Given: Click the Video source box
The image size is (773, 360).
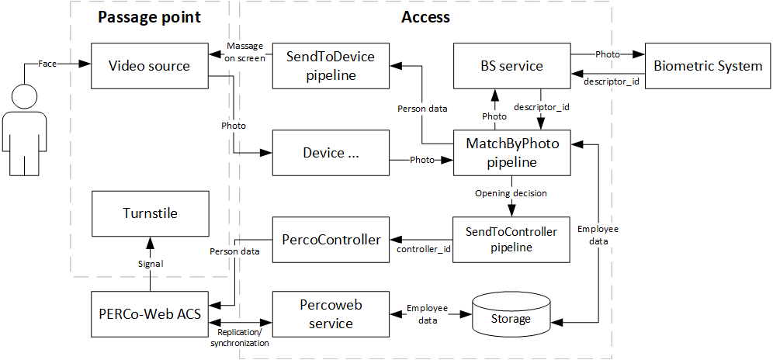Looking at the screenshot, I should click(150, 66).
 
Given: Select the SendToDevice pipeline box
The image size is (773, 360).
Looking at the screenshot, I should click(330, 66).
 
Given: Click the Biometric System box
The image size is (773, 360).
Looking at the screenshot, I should click(708, 66).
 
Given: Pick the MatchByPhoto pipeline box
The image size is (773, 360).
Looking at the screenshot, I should click(511, 153).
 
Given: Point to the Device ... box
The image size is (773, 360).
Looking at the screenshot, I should click(330, 153).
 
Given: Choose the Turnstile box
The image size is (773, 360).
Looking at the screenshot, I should click(150, 213).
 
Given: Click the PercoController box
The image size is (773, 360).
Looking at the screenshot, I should click(330, 240).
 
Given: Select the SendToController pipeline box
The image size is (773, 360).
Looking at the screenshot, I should click(511, 239).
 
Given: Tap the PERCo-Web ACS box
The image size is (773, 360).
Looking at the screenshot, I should click(150, 314).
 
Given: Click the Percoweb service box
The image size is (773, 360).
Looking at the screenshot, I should click(330, 314).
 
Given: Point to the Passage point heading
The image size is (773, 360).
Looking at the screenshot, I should click(150, 17).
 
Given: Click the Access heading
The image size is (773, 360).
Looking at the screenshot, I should click(425, 17).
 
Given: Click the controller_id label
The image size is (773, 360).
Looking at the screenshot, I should click(424, 249).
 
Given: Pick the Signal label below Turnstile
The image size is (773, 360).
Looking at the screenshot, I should click(150, 265).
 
